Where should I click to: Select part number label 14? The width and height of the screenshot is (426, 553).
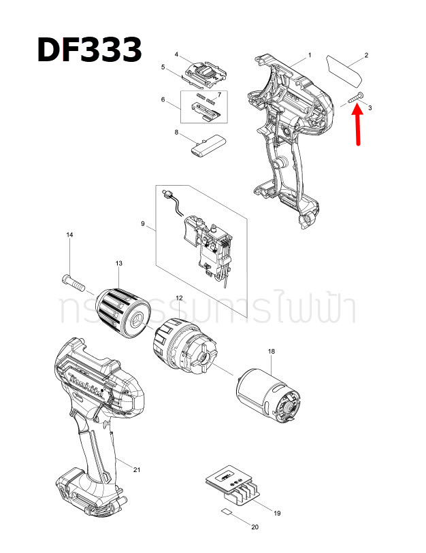[69, 235]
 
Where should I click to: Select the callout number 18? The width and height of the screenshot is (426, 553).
[272, 351]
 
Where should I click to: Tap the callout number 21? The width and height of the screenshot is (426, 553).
[137, 470]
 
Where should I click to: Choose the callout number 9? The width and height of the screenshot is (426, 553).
[144, 224]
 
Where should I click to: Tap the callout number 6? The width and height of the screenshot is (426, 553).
[163, 99]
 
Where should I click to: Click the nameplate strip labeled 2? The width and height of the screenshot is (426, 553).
[345, 67]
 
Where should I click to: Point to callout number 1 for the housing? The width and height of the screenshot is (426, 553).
[310, 54]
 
